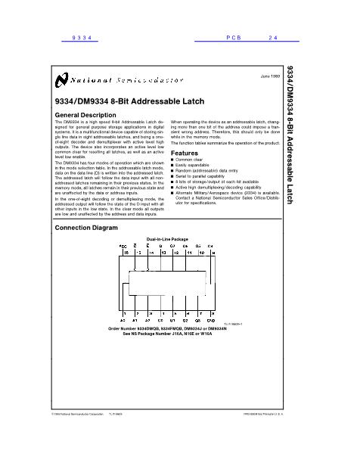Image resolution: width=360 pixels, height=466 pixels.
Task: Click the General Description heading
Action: (x=87, y=114)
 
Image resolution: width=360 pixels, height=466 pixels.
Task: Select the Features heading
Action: (x=185, y=153)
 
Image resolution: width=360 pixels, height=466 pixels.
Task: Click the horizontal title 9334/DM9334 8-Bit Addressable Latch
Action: (x=119, y=101)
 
